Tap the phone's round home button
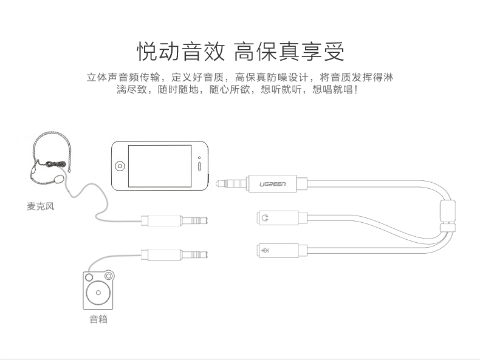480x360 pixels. pyautogui.click(x=120, y=166)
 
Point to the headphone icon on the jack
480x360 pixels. pyautogui.click(x=264, y=217)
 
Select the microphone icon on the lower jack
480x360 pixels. pyautogui.click(x=264, y=248)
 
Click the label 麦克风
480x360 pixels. pyautogui.click(x=41, y=206)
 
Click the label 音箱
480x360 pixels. pyautogui.click(x=98, y=319)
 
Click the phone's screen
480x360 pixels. pyautogui.click(x=160, y=165)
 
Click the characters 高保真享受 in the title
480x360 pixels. pyautogui.click(x=289, y=52)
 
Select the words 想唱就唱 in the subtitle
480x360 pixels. pyautogui.click(x=331, y=90)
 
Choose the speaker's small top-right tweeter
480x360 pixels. pyautogui.click(x=109, y=277)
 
